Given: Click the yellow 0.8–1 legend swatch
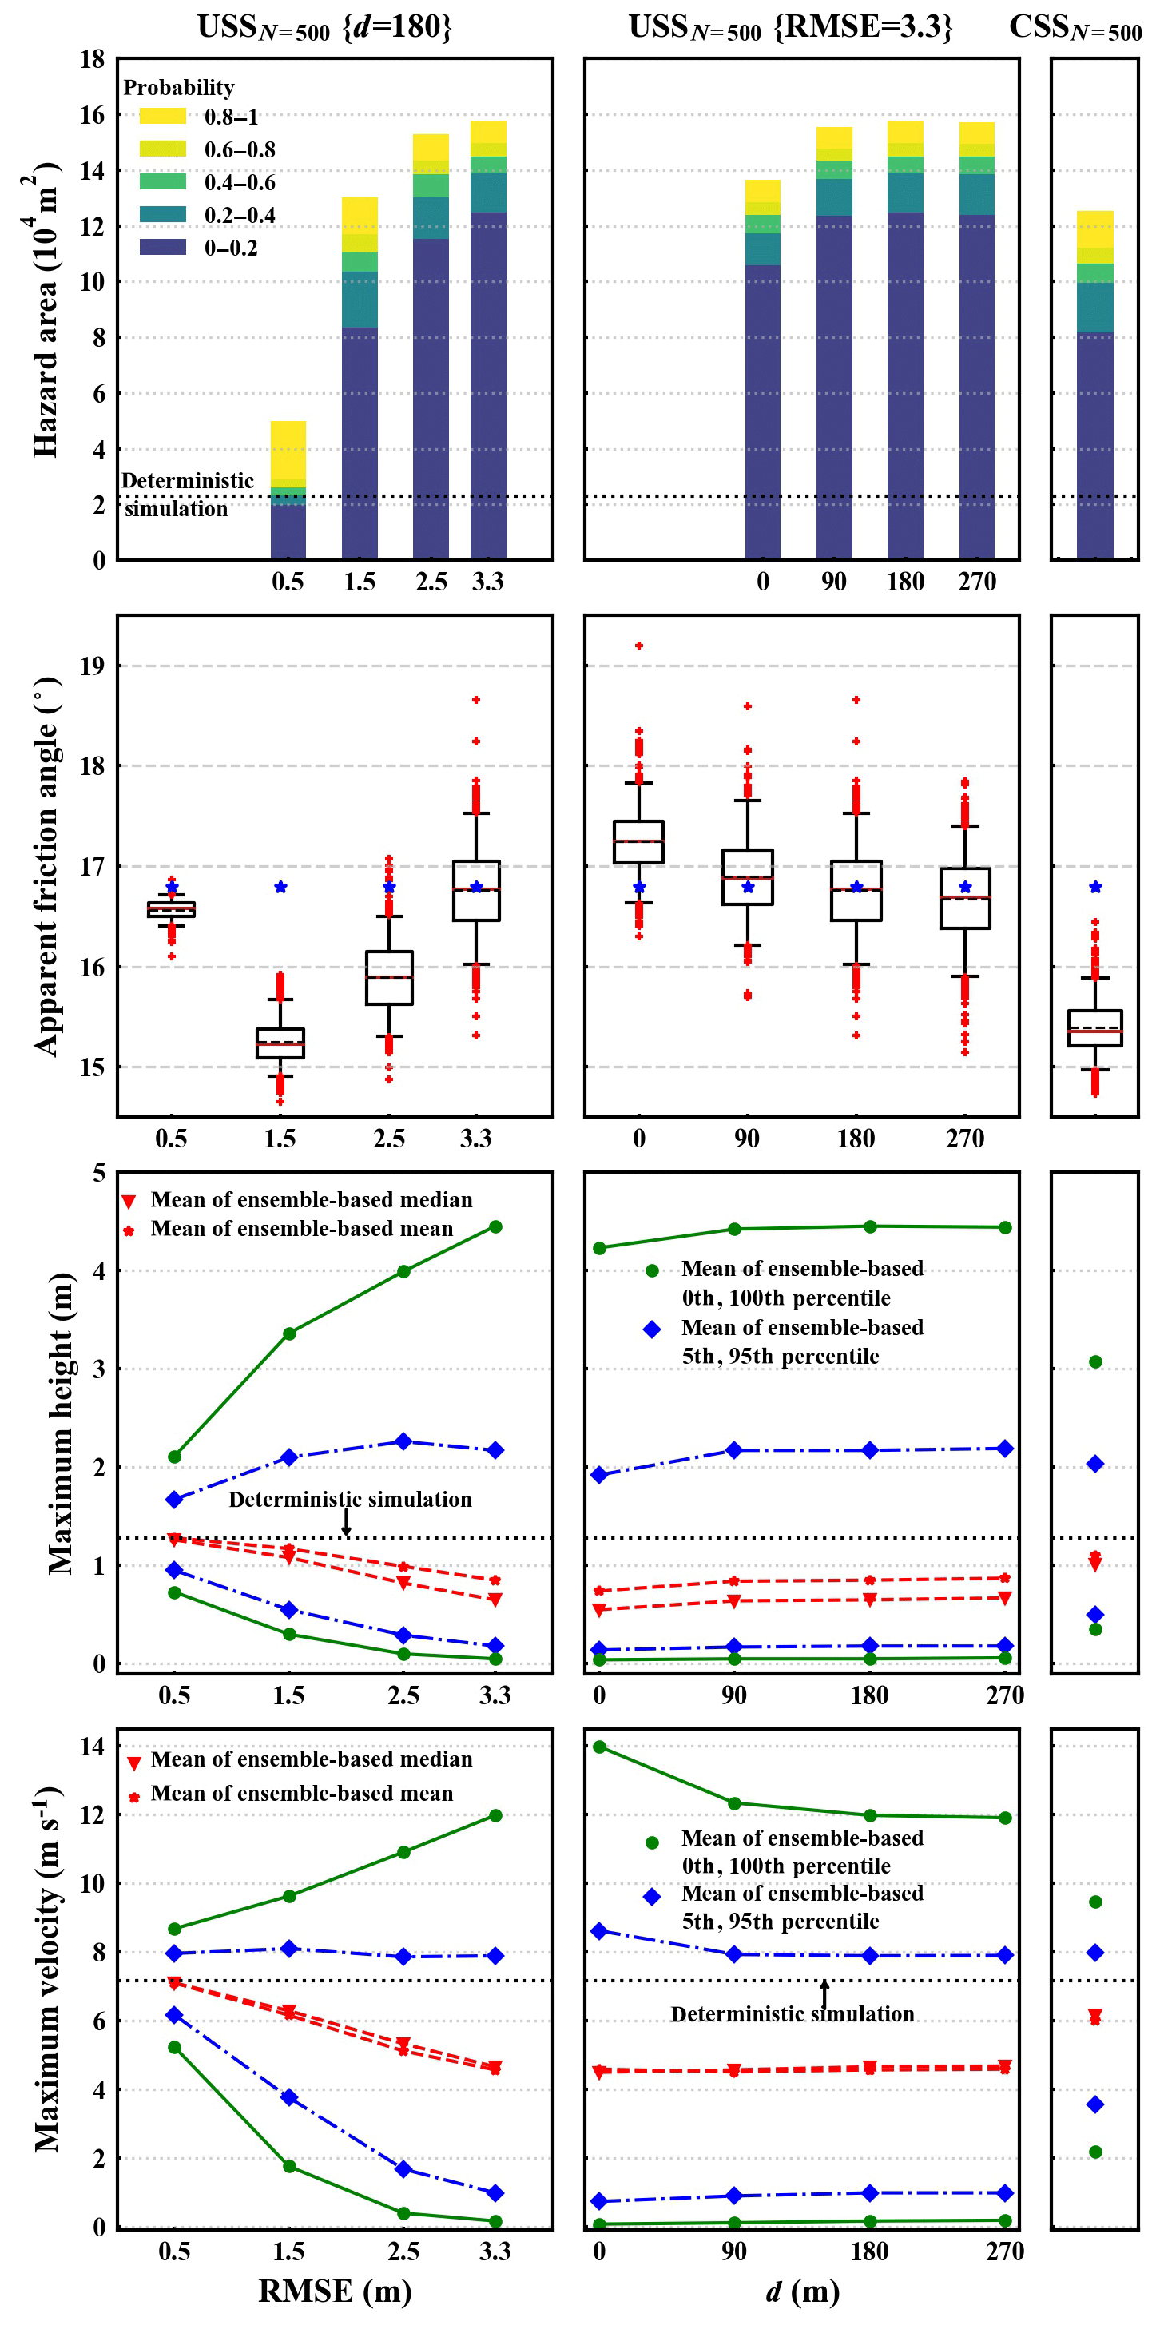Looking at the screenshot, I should [163, 116].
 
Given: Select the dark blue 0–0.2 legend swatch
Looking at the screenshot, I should [163, 247].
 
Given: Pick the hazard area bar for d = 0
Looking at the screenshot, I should [762, 371].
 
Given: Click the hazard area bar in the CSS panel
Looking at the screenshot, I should [1095, 389].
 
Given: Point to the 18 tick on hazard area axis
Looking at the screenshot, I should [92, 60].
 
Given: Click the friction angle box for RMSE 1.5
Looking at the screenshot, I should [280, 1043].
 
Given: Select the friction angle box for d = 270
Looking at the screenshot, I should [965, 898].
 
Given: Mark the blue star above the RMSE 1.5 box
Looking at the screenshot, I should [280, 887].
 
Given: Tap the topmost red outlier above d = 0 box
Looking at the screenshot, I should [638, 646].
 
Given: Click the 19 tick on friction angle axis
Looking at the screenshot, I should [92, 666].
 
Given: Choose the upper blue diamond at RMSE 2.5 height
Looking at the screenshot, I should [403, 1441].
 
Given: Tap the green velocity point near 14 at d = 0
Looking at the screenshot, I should [599, 1747].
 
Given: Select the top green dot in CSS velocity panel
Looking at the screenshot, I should [1095, 1902].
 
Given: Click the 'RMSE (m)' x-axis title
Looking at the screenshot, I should [335, 2291].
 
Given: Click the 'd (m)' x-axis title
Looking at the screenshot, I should [802, 2291].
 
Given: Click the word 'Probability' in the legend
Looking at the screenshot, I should [179, 88].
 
